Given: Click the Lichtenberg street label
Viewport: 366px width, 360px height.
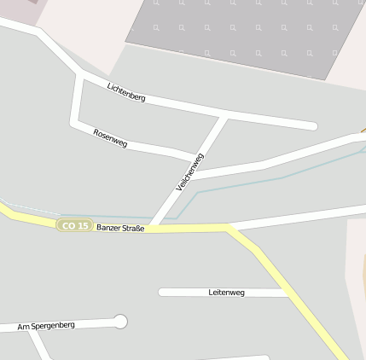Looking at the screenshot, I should (126, 92).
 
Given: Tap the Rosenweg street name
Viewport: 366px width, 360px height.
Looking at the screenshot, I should (110, 138).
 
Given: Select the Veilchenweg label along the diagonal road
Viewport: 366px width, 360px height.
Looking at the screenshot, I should (190, 171).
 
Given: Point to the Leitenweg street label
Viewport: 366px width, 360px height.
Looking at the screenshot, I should (226, 293).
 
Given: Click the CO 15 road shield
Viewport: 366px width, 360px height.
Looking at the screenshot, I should (75, 225).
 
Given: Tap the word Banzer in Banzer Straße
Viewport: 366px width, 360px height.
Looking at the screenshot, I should (109, 229).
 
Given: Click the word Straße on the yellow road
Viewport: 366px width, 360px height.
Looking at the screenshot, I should (134, 229).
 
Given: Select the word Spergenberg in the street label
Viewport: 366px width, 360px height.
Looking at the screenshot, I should (52, 326).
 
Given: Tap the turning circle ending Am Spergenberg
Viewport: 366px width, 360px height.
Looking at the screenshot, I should (120, 322).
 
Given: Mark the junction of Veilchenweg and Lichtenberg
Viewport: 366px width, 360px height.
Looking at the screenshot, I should (224, 117).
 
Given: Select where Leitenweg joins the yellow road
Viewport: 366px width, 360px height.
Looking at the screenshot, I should (288, 293).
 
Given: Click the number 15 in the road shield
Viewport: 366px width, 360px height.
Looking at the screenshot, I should (82, 225).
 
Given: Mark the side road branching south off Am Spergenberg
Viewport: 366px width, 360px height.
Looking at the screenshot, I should (38, 345).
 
